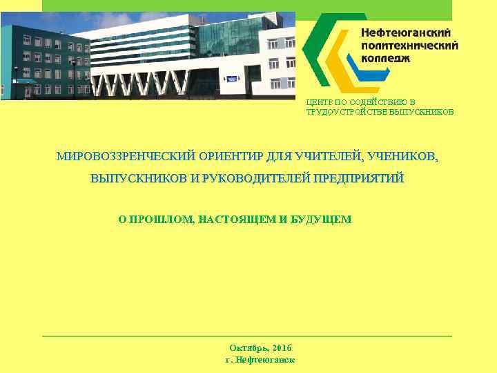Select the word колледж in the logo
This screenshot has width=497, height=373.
(386, 58)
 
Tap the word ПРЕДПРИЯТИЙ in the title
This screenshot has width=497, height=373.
(359, 178)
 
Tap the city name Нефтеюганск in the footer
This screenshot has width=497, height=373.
(266, 360)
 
